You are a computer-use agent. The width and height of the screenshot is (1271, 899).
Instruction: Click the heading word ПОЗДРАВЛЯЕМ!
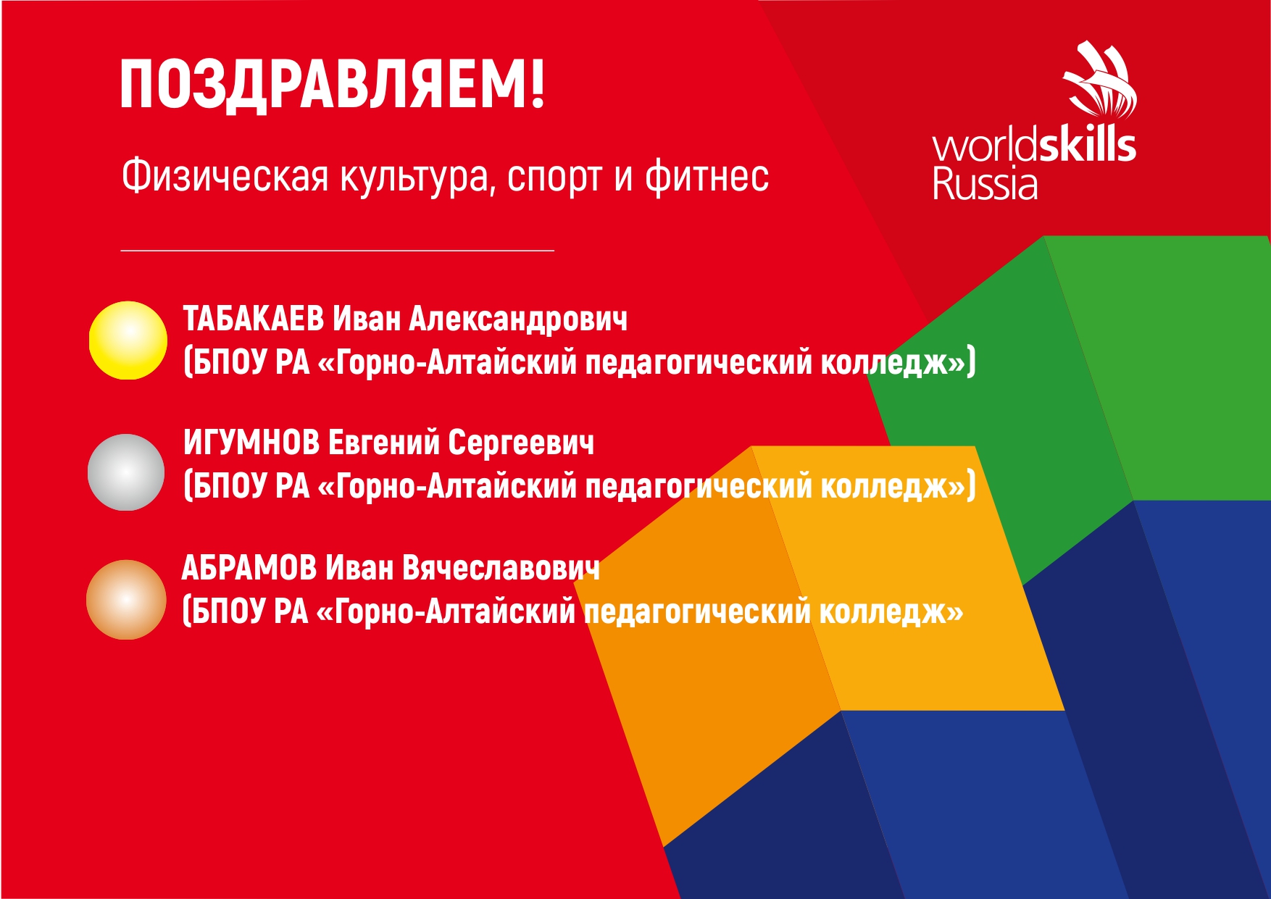click(332, 85)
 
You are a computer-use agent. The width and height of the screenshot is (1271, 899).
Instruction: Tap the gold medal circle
click(128, 340)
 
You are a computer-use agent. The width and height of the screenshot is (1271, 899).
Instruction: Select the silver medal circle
click(126, 472)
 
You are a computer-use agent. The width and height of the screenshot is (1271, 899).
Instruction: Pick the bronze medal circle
click(126, 599)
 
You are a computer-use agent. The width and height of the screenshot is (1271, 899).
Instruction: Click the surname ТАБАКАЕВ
click(254, 319)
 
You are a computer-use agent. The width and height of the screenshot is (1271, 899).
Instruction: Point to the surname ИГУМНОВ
click(251, 442)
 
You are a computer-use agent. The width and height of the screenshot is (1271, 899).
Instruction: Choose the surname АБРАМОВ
click(249, 567)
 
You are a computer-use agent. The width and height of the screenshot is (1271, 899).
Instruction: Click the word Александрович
click(518, 319)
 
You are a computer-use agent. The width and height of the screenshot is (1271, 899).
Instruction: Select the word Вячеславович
click(501, 567)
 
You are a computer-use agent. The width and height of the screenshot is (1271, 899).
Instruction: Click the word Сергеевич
click(521, 443)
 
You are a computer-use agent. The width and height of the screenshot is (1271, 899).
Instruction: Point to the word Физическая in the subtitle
click(225, 176)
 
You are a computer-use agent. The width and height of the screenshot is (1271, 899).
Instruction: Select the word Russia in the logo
click(985, 183)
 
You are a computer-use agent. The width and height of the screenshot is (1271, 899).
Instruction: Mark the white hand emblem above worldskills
click(1100, 80)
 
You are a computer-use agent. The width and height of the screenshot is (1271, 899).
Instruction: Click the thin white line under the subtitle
click(338, 251)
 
